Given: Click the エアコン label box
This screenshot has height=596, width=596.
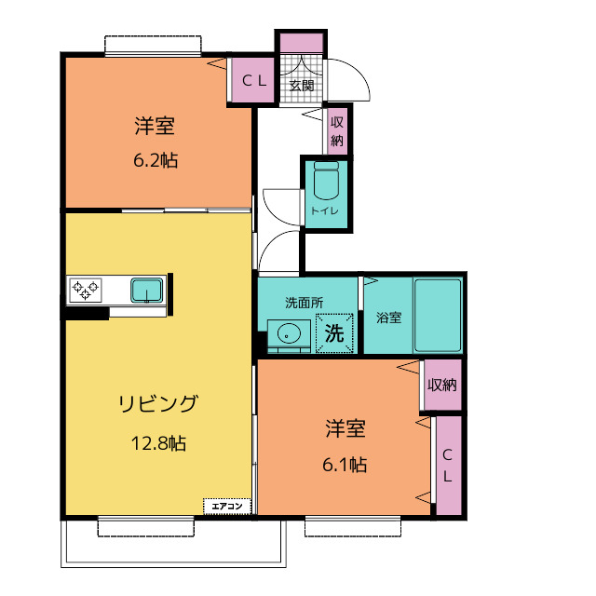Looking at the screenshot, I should (x=227, y=506).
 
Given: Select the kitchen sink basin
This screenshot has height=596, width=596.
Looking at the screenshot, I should (x=147, y=291).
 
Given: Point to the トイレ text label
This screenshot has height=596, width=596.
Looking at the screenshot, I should (x=325, y=211).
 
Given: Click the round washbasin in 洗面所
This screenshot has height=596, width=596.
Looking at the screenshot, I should (x=288, y=332).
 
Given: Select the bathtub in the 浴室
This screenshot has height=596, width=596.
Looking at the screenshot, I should (x=438, y=314).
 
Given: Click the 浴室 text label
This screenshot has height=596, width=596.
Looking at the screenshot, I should (x=388, y=318).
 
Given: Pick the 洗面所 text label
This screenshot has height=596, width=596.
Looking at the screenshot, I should (x=304, y=303).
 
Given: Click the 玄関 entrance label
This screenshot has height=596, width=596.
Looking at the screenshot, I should (x=301, y=86).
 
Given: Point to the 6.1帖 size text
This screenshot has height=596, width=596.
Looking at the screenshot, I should (x=345, y=464).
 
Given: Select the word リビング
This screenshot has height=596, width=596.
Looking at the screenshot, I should (x=157, y=404).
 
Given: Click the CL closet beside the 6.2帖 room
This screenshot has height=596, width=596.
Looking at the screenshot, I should (x=254, y=81).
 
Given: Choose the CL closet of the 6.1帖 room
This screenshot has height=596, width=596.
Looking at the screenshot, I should (x=448, y=466).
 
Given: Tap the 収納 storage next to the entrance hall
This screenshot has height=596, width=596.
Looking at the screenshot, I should (x=337, y=131).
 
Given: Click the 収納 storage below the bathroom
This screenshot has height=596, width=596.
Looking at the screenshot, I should (x=442, y=385).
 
